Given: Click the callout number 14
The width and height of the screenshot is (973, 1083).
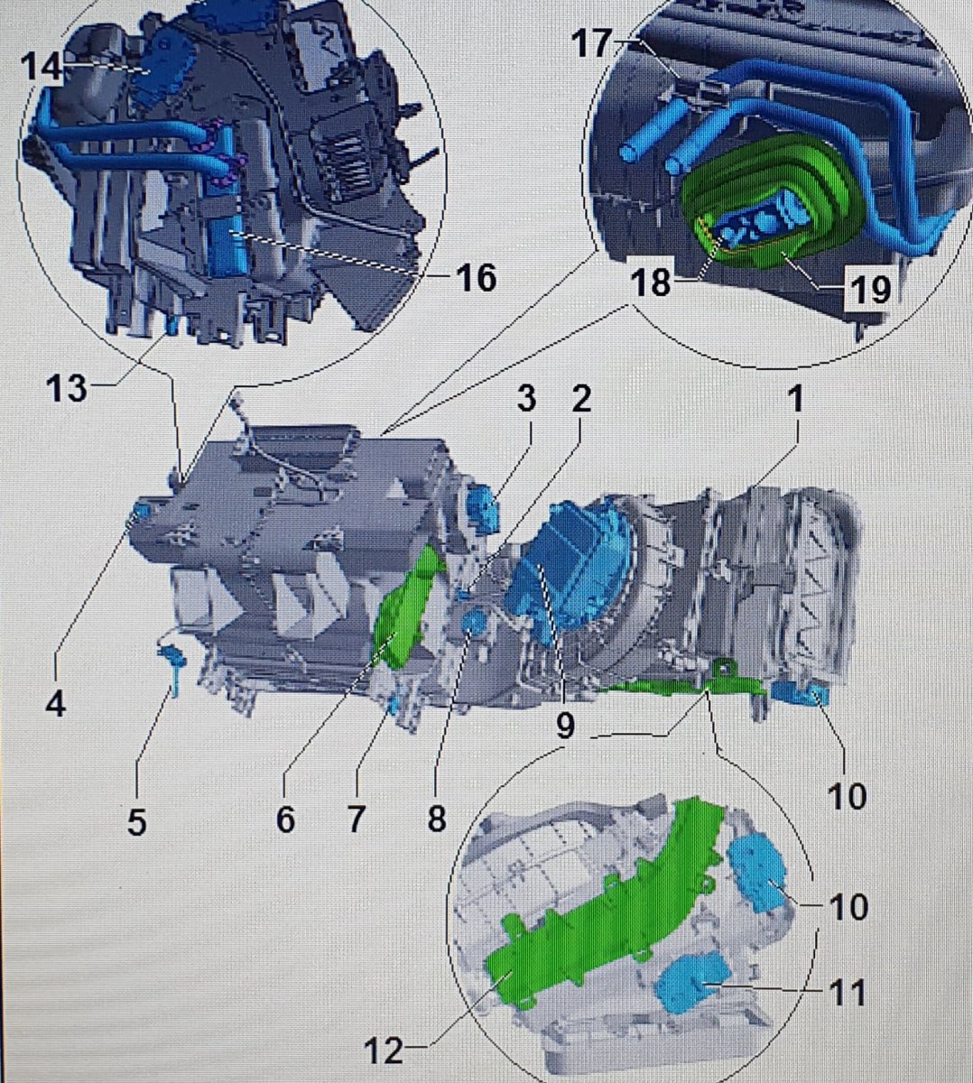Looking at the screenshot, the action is click(x=42, y=68).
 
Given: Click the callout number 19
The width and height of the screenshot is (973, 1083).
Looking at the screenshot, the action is click(x=871, y=289).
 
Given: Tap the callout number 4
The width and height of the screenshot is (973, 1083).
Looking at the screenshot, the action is click(x=56, y=705).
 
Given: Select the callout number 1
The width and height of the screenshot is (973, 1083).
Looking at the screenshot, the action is click(x=797, y=399).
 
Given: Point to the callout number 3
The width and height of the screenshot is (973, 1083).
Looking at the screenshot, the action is click(x=526, y=399).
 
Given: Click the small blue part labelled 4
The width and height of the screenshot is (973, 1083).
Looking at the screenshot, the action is click(x=140, y=514).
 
